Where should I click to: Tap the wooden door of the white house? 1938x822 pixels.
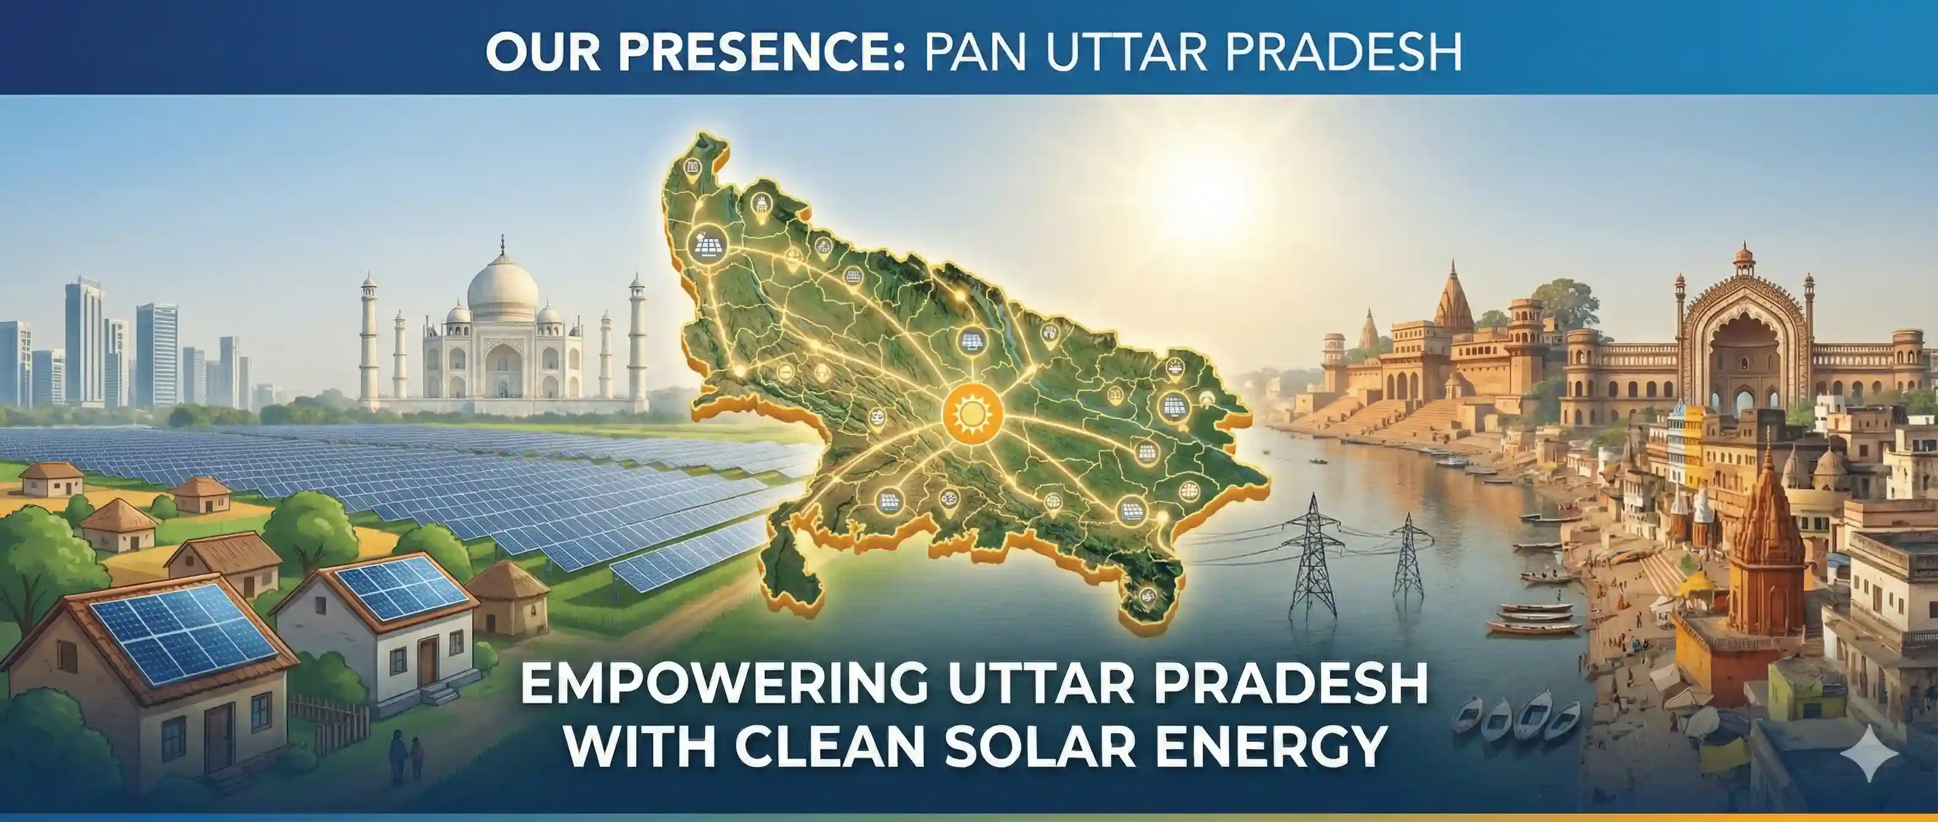(x=428, y=661)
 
